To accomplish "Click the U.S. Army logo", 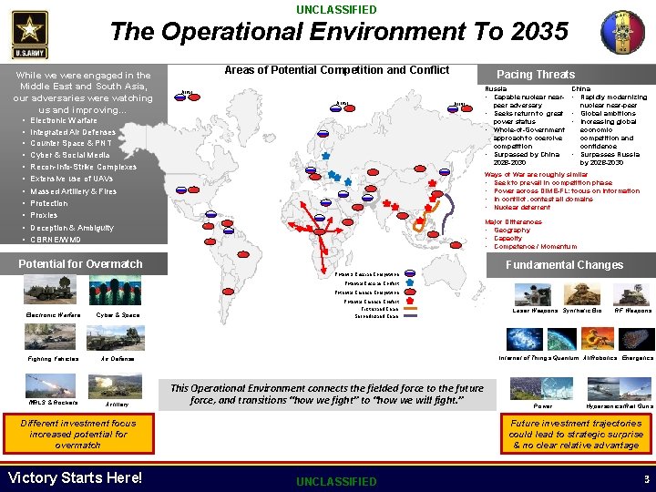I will click(30, 34).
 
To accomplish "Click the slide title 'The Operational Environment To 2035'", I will click(338, 32).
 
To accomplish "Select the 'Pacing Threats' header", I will click(535, 74).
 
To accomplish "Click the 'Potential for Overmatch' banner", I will click(81, 264).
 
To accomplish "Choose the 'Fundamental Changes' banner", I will click(564, 265).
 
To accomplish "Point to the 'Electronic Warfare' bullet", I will click(64, 120).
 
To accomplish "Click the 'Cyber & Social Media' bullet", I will click(70, 156).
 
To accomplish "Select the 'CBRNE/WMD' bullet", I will click(56, 240).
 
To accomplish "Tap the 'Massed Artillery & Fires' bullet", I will click(74, 192).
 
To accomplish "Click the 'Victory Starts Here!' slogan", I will click(75, 477).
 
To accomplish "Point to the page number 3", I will click(646, 478).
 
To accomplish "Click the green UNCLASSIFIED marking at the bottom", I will click(336, 481).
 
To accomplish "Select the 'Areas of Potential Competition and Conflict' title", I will click(337, 70).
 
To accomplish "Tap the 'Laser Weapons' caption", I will click(535, 311).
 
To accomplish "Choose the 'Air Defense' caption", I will click(117, 359).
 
